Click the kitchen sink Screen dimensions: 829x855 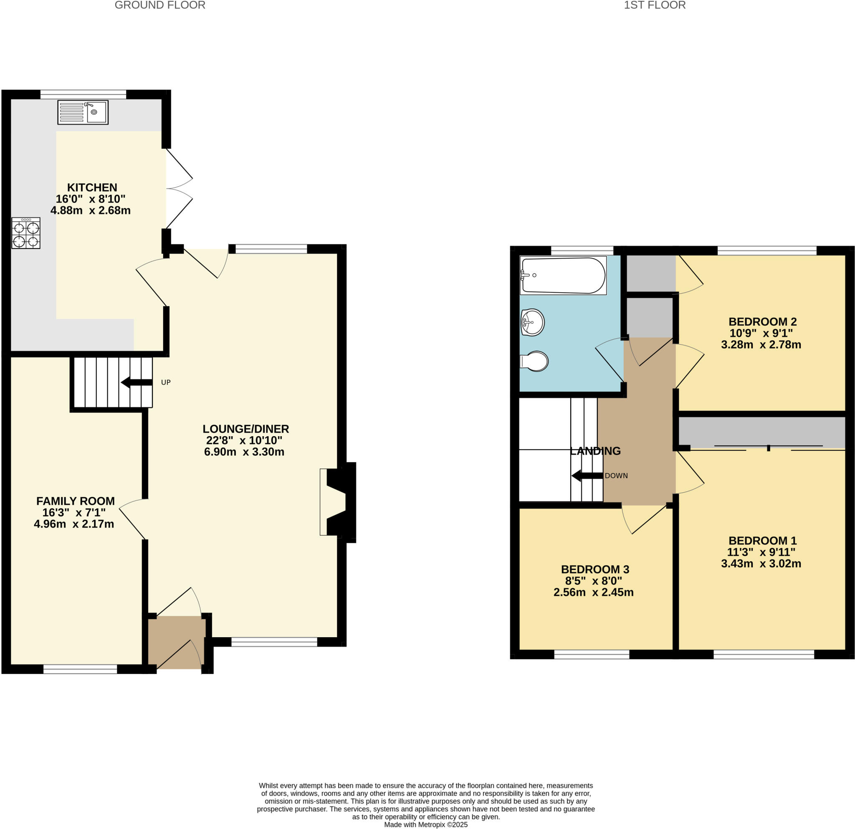(x=83, y=112)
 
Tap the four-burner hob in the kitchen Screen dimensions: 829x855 (x=26, y=233)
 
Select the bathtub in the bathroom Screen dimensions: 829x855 (x=563, y=275)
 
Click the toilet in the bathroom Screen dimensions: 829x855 (x=535, y=361)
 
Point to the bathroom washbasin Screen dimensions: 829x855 (x=533, y=322)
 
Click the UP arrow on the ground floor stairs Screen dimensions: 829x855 (x=137, y=382)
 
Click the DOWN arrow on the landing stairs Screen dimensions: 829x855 (x=587, y=476)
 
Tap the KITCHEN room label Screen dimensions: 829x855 (x=92, y=187)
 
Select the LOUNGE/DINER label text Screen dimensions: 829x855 (x=245, y=429)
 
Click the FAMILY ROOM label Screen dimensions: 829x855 (x=76, y=501)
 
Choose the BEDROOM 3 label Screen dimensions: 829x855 (x=595, y=569)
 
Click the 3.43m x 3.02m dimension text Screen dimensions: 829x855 (x=761, y=563)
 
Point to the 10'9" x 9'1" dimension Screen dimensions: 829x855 (x=761, y=333)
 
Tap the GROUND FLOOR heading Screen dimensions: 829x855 (x=159, y=5)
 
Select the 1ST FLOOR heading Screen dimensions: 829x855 (x=654, y=5)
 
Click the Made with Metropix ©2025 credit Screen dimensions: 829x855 (x=426, y=825)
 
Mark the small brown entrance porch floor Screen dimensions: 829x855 (x=176, y=642)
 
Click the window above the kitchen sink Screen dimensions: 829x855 (x=83, y=94)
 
